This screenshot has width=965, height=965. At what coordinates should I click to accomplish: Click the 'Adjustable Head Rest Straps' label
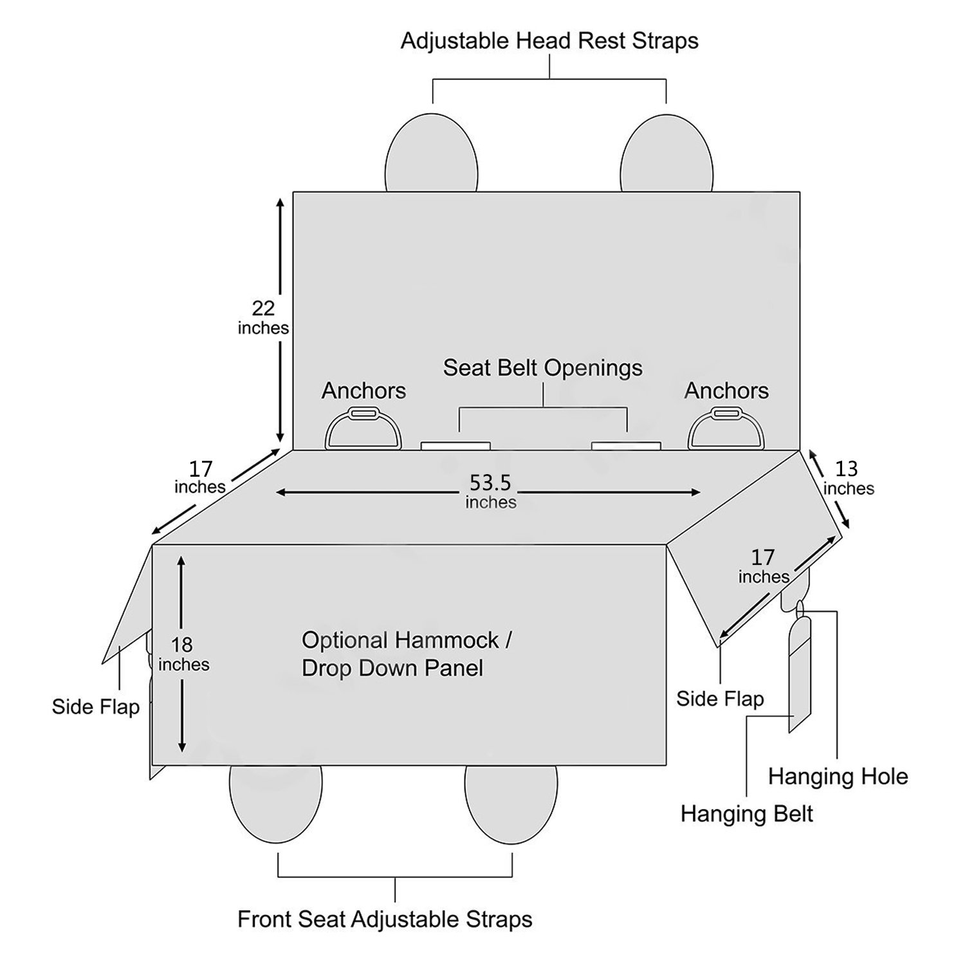549,41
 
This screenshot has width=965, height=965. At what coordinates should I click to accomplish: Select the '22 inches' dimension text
263,318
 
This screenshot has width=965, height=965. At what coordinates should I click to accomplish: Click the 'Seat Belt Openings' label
542,368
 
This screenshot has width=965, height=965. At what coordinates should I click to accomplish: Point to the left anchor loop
363,429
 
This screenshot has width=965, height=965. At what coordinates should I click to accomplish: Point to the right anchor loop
726,429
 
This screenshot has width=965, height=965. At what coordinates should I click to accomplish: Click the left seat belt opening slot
455,446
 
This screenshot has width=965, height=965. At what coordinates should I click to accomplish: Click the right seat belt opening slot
626,446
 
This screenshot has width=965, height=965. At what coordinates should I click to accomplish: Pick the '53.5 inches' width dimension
491,492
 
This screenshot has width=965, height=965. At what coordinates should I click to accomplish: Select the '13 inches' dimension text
848,478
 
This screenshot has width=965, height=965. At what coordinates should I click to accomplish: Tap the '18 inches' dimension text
183,654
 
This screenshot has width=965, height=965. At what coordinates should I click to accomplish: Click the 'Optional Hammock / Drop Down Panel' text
406,654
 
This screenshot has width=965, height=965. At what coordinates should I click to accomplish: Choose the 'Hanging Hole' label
838,777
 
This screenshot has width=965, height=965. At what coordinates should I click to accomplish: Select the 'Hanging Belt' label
746,814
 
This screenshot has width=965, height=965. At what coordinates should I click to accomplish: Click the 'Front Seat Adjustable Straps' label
385,919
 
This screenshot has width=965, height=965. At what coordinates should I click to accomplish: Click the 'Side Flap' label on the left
95,707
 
